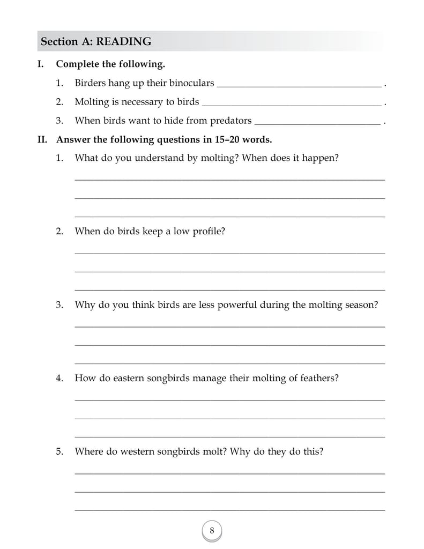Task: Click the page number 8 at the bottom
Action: tap(212, 531)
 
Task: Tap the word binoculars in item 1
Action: tap(191, 83)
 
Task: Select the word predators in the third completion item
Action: tap(230, 120)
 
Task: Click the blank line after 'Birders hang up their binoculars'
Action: tap(300, 85)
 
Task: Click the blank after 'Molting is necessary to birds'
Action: tap(292, 104)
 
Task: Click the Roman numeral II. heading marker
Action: tap(42, 140)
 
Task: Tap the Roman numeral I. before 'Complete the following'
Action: tap(40, 64)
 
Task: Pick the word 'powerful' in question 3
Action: tap(236, 305)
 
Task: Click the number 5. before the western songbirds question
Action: tap(59, 451)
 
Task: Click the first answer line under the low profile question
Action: tap(229, 253)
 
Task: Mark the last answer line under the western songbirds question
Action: tap(229, 510)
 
